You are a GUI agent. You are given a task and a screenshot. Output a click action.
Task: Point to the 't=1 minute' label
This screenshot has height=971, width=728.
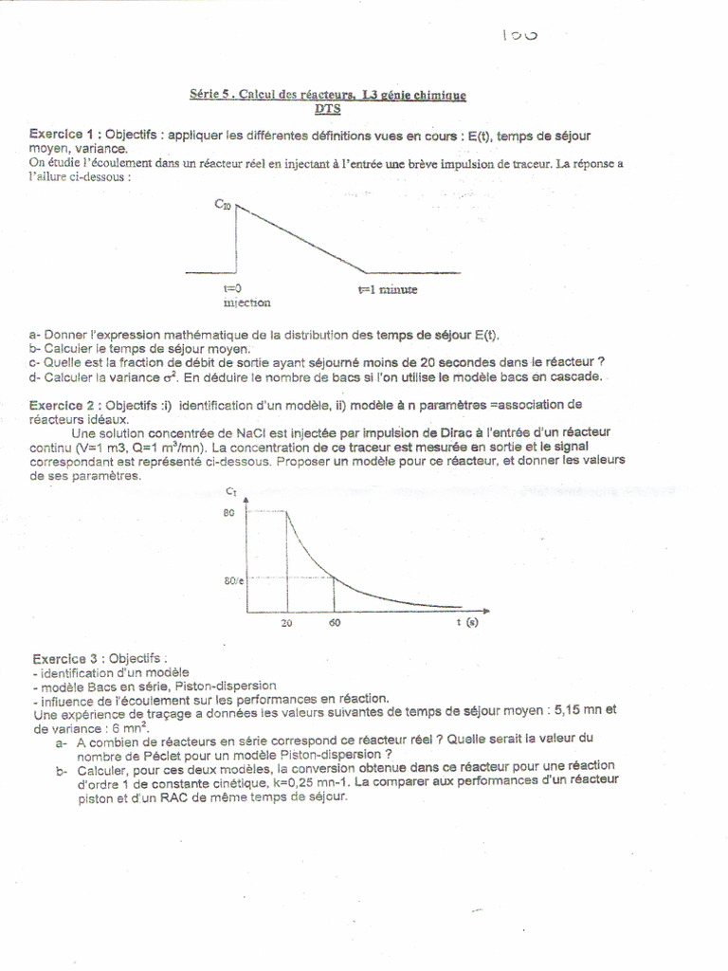coord(387,290)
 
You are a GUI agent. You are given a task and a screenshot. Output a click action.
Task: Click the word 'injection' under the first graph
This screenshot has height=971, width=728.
coord(246,303)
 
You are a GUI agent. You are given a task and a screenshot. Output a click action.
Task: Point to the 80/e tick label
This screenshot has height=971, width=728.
coord(233,580)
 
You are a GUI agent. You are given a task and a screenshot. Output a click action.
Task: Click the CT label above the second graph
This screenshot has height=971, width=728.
coord(233,491)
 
